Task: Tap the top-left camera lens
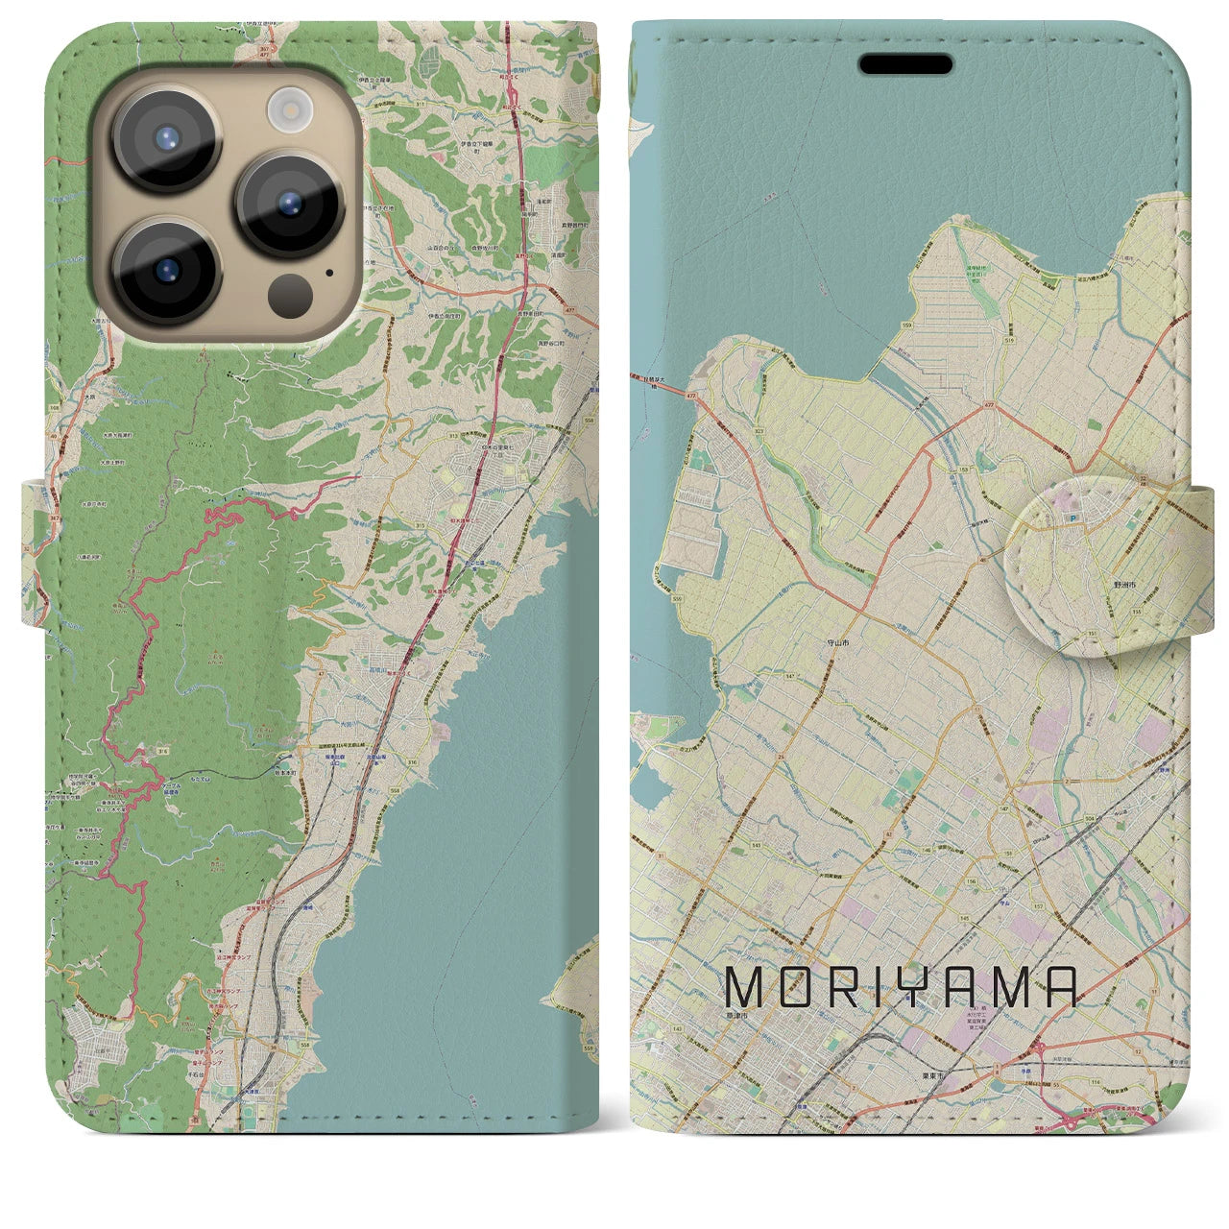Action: coord(166,136)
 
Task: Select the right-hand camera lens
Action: coord(290,204)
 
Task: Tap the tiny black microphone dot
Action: coord(329,272)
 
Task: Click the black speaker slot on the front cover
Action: coord(905,64)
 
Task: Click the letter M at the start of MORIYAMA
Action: coord(747,987)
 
